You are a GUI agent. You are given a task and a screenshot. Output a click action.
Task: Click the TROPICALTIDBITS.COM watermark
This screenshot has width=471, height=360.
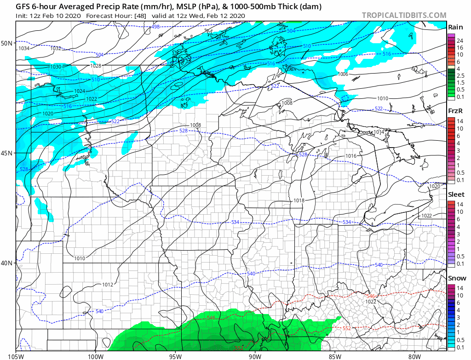coord(404,16)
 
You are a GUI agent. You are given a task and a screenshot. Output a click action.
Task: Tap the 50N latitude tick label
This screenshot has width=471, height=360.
coord(7,43)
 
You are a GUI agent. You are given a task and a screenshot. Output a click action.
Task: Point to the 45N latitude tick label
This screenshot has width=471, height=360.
coord(7,153)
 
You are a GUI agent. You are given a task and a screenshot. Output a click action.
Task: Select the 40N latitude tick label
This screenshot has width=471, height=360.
coord(7,263)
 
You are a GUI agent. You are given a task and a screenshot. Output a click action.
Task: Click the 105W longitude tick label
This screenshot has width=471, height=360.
coord(16,355)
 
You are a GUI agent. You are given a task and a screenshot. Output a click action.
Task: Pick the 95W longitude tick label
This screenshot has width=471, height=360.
coord(175,355)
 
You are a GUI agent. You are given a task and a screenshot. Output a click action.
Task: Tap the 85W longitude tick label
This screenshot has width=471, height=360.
coord(335,355)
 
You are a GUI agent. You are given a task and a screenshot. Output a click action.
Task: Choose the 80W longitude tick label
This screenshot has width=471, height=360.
coord(414,355)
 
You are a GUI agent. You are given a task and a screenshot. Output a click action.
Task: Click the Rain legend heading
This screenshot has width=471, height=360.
coord(455,27)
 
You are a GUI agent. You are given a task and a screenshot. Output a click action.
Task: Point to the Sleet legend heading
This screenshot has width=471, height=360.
coord(456,194)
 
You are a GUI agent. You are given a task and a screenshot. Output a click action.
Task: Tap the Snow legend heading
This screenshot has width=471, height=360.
coord(456,278)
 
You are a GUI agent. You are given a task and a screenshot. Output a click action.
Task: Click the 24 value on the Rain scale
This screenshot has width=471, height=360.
coord(460,41)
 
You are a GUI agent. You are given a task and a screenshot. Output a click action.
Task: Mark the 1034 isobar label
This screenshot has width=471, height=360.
coord(24,48)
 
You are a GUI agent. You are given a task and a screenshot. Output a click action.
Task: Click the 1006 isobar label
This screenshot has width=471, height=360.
coord(343,74)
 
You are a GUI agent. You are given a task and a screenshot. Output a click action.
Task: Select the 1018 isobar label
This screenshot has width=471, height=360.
coord(299,200)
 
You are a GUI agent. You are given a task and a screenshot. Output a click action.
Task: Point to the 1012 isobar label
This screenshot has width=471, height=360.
coord(108,285)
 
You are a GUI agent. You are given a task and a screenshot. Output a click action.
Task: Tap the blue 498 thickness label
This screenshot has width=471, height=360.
coord(155,27)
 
